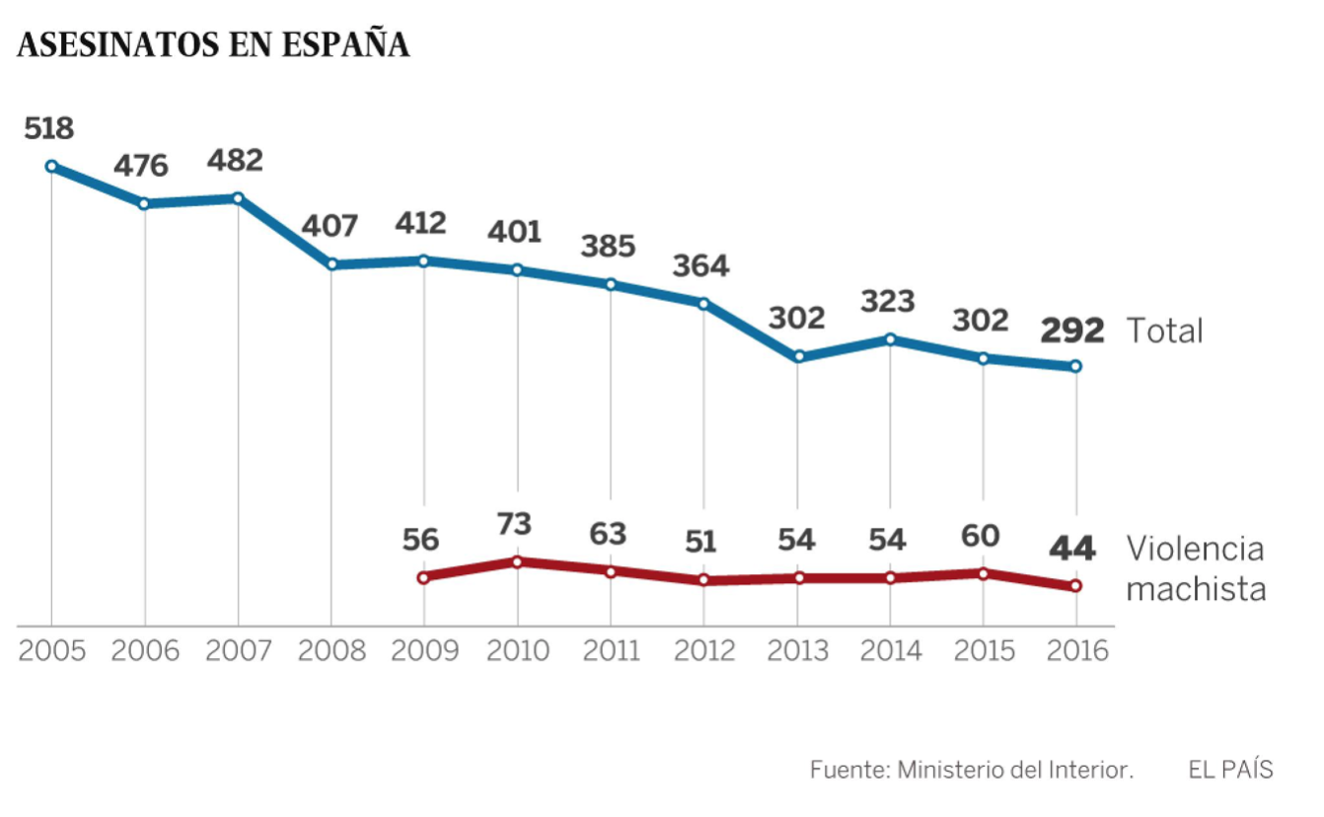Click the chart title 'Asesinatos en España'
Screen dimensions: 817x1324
(213, 45)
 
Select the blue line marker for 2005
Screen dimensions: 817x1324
(51, 167)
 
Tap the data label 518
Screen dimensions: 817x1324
(49, 128)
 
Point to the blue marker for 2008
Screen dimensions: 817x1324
(331, 264)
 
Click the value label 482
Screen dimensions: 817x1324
(237, 160)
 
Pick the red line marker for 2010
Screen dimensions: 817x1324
(517, 561)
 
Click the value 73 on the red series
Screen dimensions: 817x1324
(515, 524)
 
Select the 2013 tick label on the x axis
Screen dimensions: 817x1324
(797, 650)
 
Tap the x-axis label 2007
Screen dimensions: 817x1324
(238, 650)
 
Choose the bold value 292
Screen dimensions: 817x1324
(1073, 330)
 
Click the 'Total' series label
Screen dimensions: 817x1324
(1165, 331)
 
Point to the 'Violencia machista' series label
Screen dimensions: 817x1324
(1196, 568)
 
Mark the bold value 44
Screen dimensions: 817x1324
(1072, 548)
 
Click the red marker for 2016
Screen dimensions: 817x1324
(1075, 586)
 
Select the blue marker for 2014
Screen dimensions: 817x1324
(891, 339)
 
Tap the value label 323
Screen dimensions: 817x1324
(888, 300)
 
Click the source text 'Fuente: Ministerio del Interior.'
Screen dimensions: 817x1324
(972, 770)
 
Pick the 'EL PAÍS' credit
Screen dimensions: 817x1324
(1230, 770)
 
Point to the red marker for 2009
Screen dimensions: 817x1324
(423, 577)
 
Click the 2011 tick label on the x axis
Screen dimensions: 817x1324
(611, 650)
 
